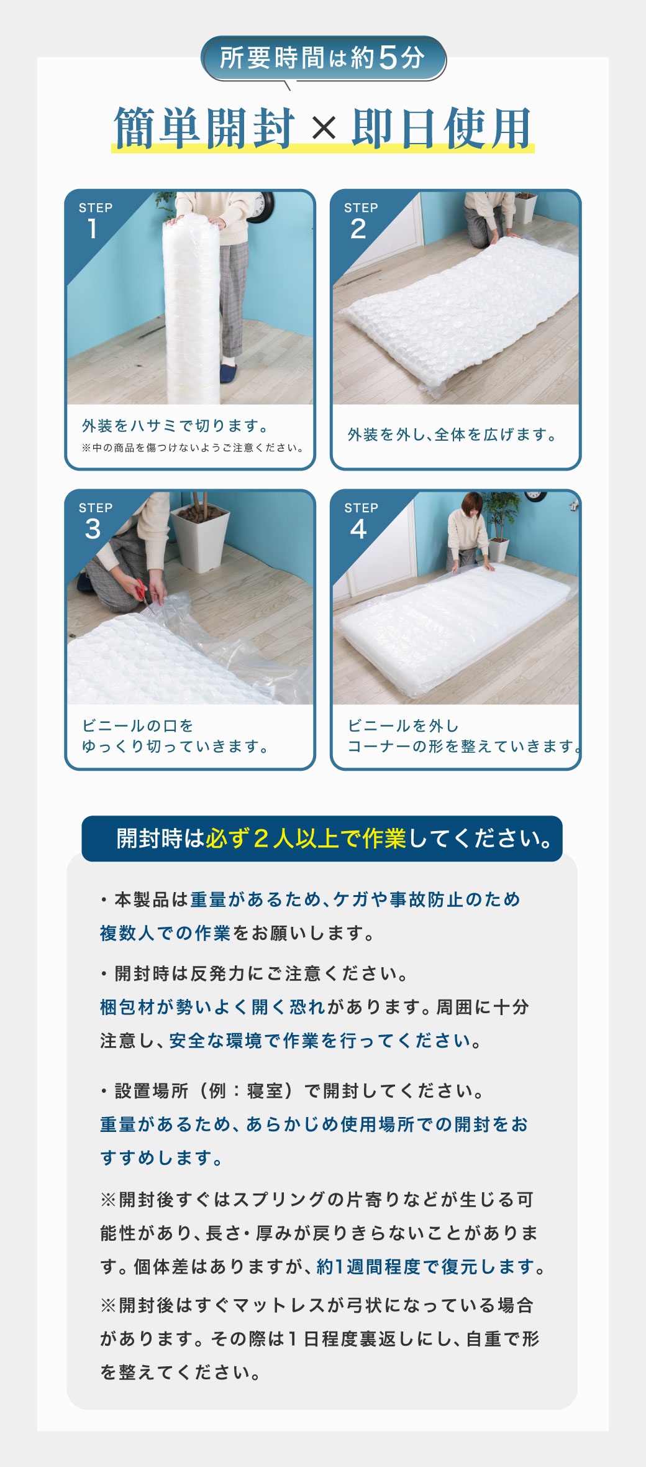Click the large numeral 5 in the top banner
388,58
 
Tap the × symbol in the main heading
324,129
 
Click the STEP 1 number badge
93,229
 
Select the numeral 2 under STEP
358,229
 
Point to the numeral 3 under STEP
93,529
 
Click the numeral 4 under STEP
358,529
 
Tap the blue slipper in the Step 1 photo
229,373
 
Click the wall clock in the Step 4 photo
535,495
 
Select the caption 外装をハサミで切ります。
175,426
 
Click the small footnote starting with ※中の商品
193,448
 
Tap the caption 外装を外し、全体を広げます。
452,435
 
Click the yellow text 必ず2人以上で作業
306,839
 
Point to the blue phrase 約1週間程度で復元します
426,1266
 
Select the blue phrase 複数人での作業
165,933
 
